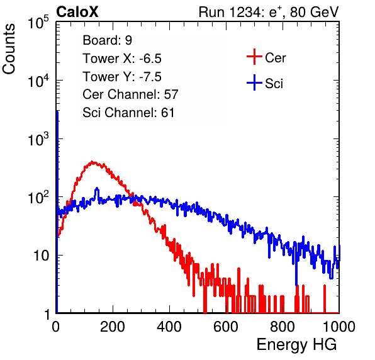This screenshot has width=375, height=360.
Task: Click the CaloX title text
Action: pos(77,12)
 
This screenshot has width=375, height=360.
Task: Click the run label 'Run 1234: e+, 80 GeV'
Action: pos(269,12)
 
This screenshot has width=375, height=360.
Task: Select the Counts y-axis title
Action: pos(9,49)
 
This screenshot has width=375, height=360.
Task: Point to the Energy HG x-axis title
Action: pos(296,344)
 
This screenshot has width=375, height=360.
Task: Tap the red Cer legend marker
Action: pos(254,57)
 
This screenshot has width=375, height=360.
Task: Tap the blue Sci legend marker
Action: pos(254,83)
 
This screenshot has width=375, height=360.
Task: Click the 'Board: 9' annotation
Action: pos(107,40)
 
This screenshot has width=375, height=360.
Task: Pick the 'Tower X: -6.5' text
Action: pos(122,59)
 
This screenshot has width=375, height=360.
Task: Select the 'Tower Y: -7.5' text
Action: pos(122,77)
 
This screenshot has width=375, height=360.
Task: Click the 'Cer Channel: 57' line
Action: pos(130,94)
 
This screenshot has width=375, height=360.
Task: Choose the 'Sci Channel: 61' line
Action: pos(128,113)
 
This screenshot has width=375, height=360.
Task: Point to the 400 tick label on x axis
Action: pos(169,327)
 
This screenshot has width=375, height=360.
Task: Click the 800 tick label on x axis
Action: pos(283,327)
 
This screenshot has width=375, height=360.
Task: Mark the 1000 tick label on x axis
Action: pos(339,327)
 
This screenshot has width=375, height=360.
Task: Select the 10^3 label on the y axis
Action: pos(38,139)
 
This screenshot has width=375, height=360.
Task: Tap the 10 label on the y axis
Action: pos(42,256)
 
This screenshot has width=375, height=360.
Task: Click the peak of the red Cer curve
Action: pos(92,162)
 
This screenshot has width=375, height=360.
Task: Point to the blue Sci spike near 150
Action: pos(97,189)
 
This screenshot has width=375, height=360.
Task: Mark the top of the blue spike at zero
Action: pos(57,112)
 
